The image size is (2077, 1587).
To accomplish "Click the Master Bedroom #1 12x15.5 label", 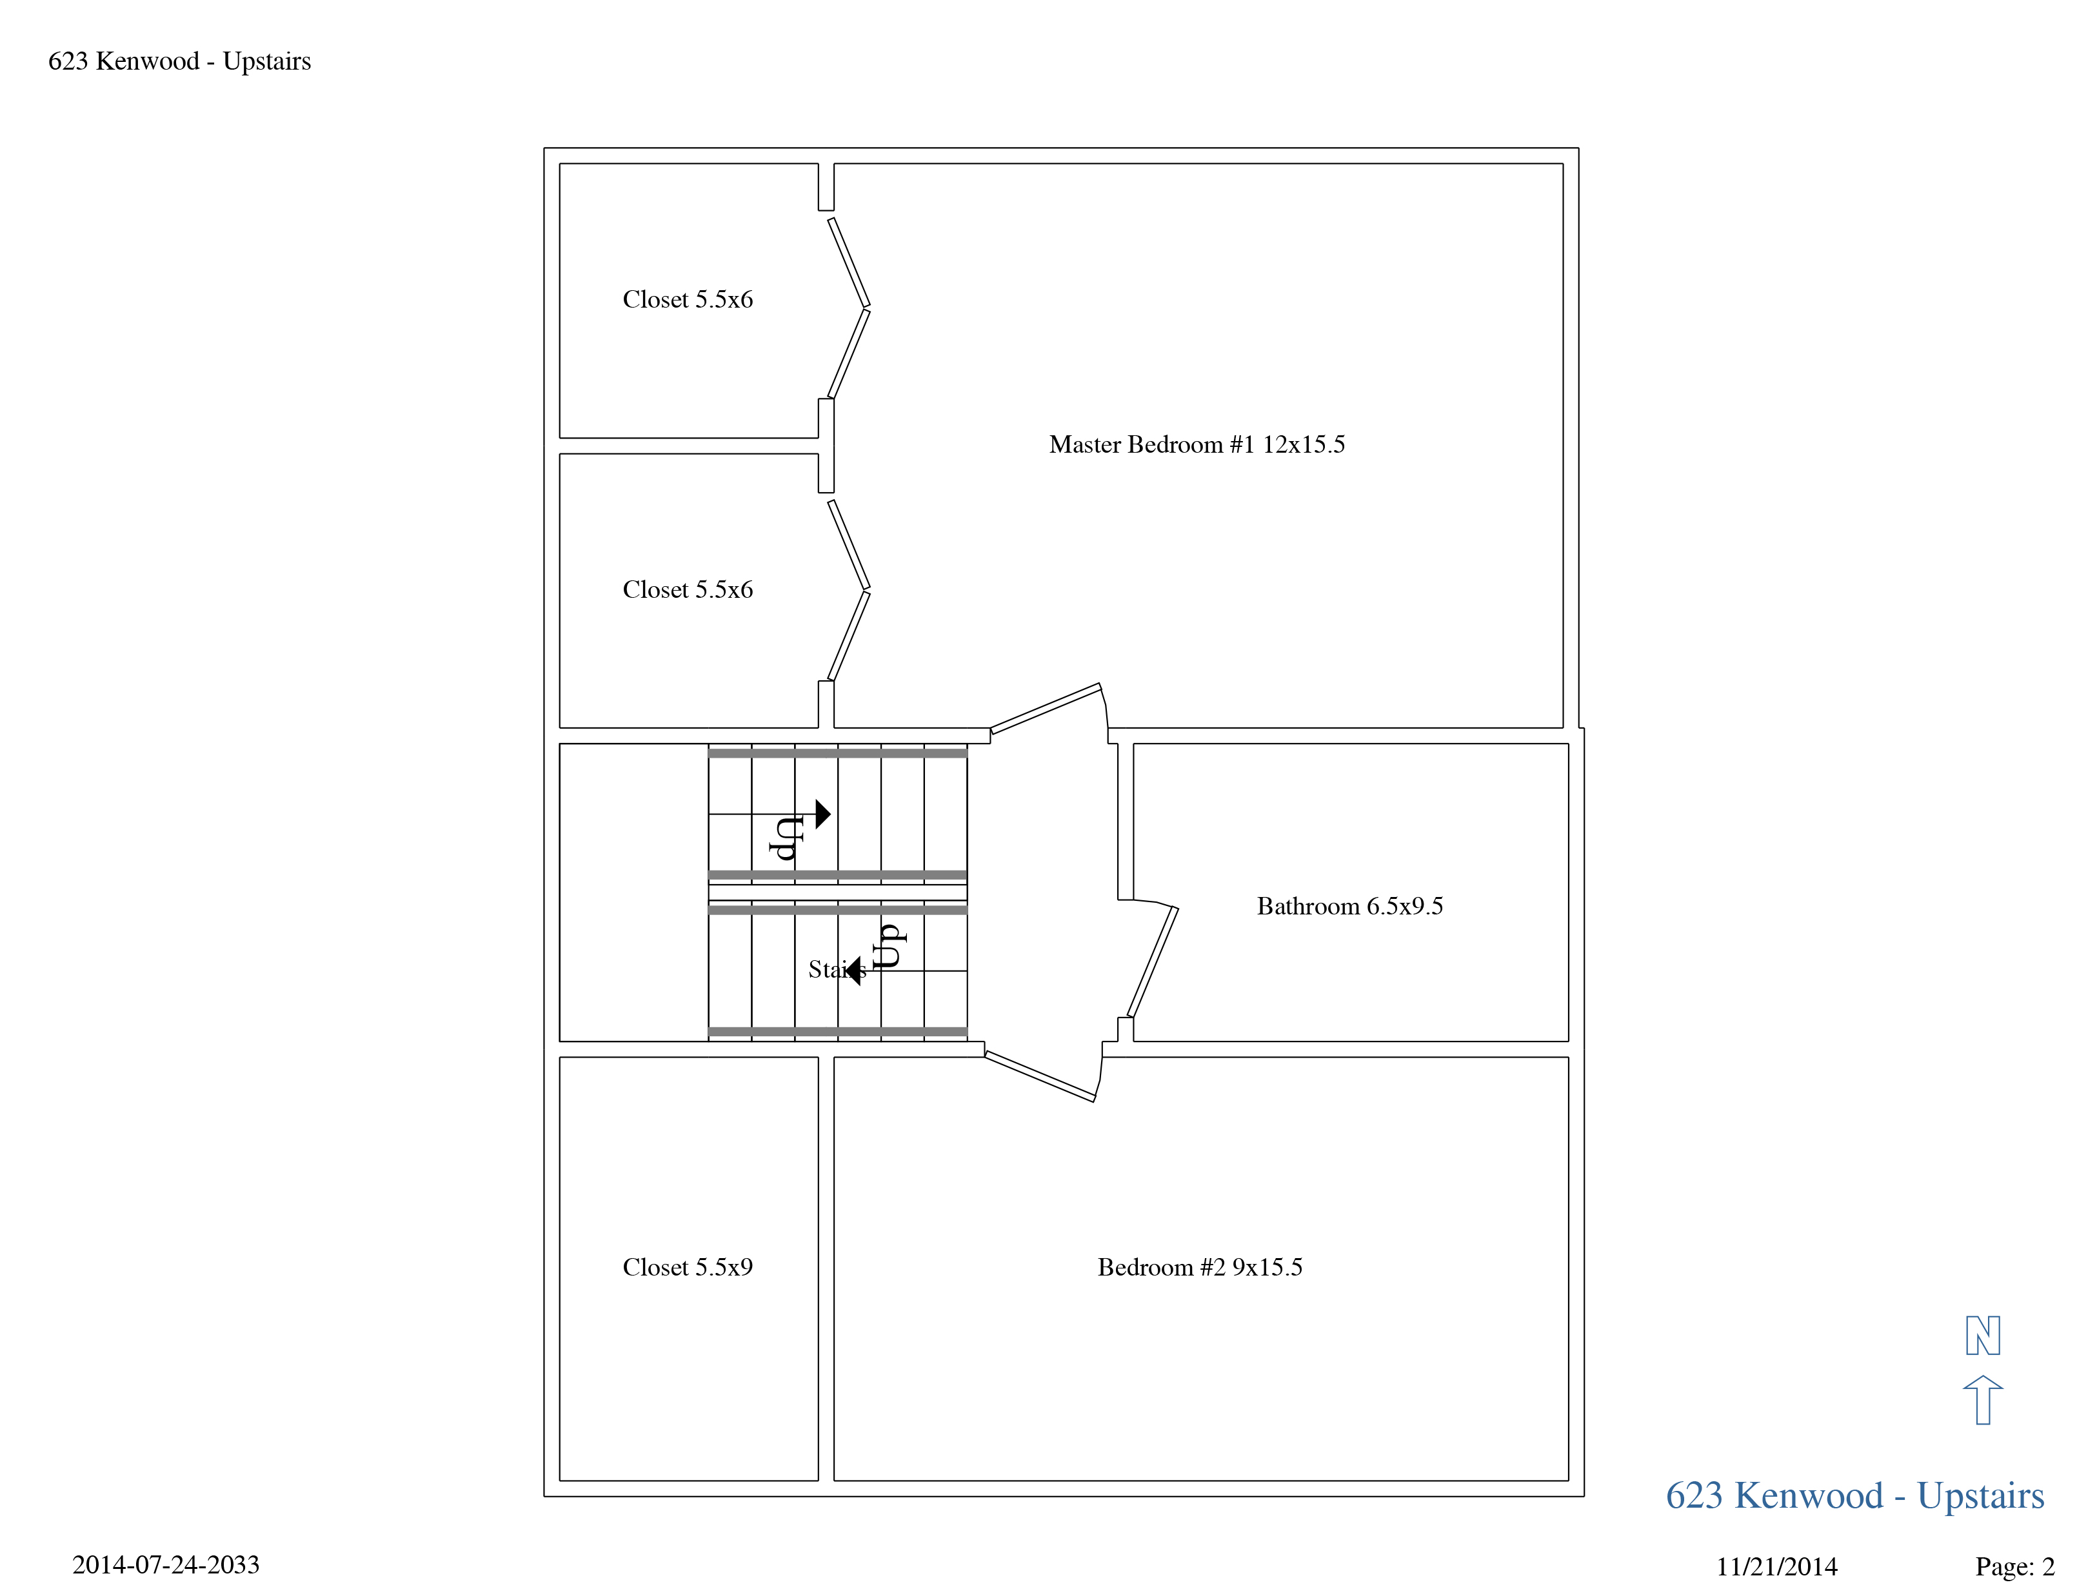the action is (x=1197, y=445).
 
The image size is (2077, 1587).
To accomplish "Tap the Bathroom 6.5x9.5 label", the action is (x=1349, y=907).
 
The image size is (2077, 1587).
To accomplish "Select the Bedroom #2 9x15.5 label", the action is (x=1199, y=1268).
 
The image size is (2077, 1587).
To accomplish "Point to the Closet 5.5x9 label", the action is (x=687, y=1268).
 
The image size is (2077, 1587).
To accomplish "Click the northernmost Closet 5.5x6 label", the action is (x=687, y=299).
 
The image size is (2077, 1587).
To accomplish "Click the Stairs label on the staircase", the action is (x=836, y=969).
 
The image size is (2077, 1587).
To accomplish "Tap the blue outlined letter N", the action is (x=1982, y=1336).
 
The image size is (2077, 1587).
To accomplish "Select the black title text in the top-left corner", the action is (x=179, y=61).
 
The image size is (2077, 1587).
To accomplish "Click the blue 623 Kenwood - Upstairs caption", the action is (x=1854, y=1496).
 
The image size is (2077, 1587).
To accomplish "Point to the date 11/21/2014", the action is (x=1776, y=1567).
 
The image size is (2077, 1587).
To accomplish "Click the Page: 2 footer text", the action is (x=2014, y=1567).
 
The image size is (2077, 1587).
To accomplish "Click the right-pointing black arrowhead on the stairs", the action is (x=823, y=814).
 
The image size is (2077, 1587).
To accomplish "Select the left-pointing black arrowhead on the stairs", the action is (x=853, y=970).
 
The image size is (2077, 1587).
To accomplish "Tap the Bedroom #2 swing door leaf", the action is (x=1039, y=1077).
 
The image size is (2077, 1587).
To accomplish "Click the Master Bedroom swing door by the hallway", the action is (x=1045, y=709).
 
